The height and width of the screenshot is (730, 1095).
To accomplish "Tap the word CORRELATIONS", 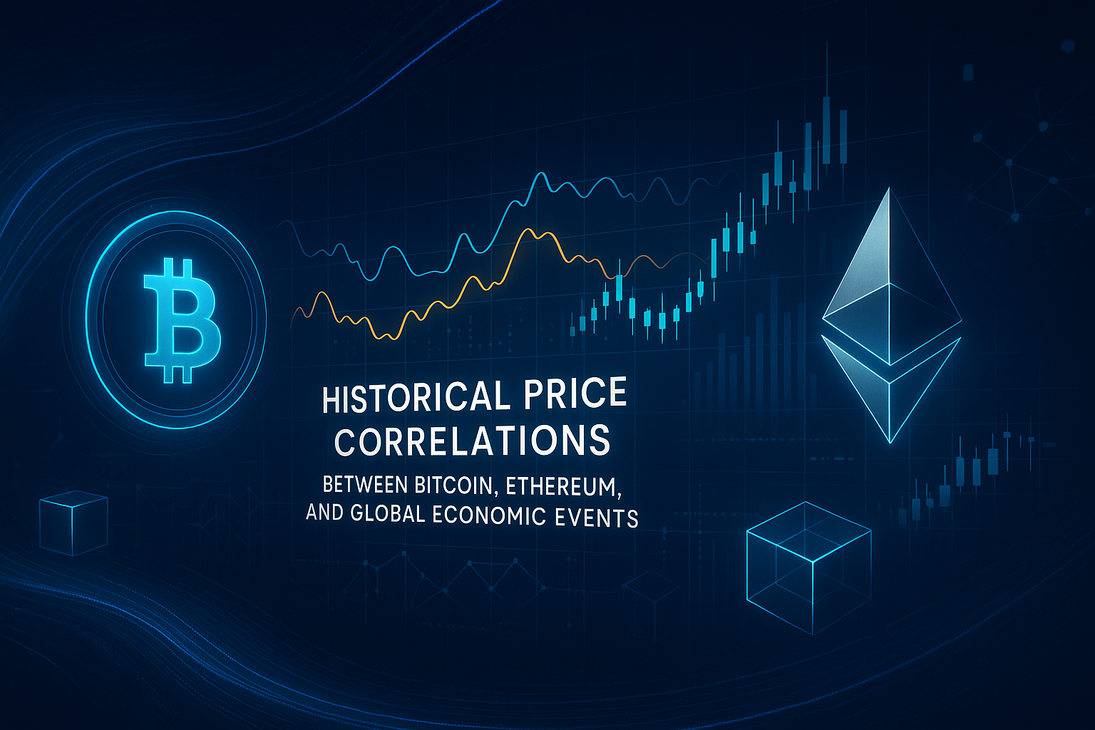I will (x=472, y=441).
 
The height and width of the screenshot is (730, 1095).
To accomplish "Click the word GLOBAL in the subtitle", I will (x=388, y=514).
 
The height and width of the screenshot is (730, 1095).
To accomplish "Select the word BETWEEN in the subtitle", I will (x=364, y=485).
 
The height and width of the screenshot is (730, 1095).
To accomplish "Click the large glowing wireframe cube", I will (x=808, y=567).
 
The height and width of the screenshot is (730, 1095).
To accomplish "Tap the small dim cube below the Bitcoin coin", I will (x=73, y=524).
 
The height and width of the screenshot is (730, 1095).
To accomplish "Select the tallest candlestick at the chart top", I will (x=826, y=128).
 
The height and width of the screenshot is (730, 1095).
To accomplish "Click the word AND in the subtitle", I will (x=324, y=513).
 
